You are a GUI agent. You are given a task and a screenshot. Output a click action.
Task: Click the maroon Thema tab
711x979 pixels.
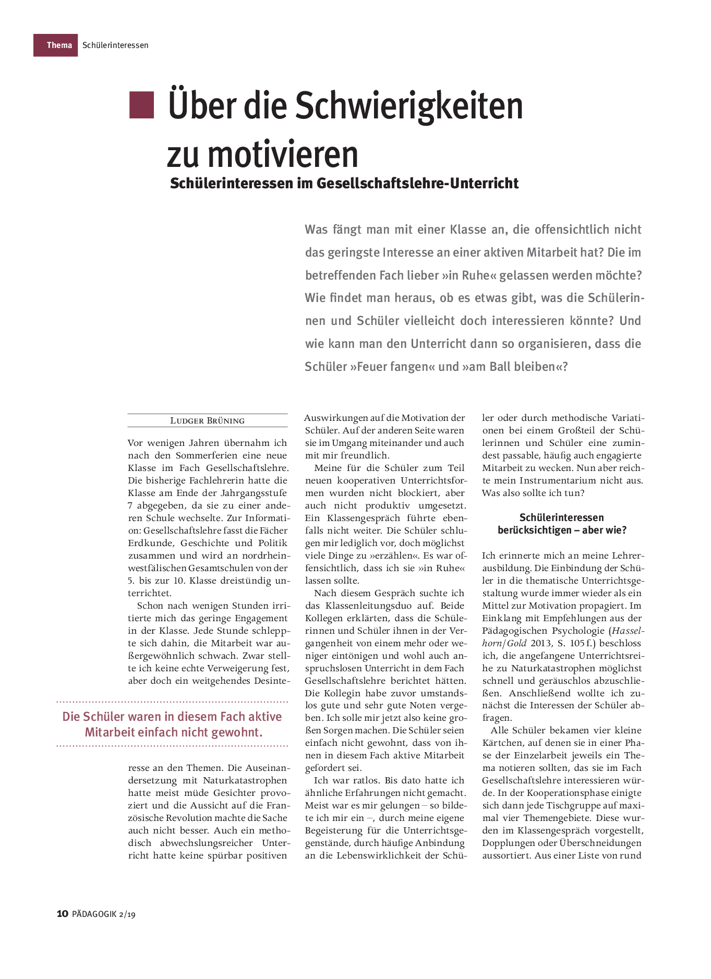click(56, 45)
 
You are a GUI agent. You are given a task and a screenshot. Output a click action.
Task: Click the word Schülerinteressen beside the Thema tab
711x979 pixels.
click(115, 45)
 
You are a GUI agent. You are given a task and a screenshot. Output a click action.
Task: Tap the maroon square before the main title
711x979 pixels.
click(141, 105)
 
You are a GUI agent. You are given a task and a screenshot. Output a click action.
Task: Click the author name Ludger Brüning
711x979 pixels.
click(207, 421)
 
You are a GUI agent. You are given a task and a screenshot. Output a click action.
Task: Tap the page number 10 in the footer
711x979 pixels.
click(62, 913)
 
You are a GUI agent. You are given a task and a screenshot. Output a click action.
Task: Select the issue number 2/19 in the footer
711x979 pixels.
click(127, 914)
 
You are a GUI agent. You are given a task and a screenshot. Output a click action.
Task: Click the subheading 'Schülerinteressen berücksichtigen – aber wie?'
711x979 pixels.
click(561, 524)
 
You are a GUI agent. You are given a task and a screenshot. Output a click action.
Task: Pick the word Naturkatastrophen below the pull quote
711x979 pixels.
click(245, 780)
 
